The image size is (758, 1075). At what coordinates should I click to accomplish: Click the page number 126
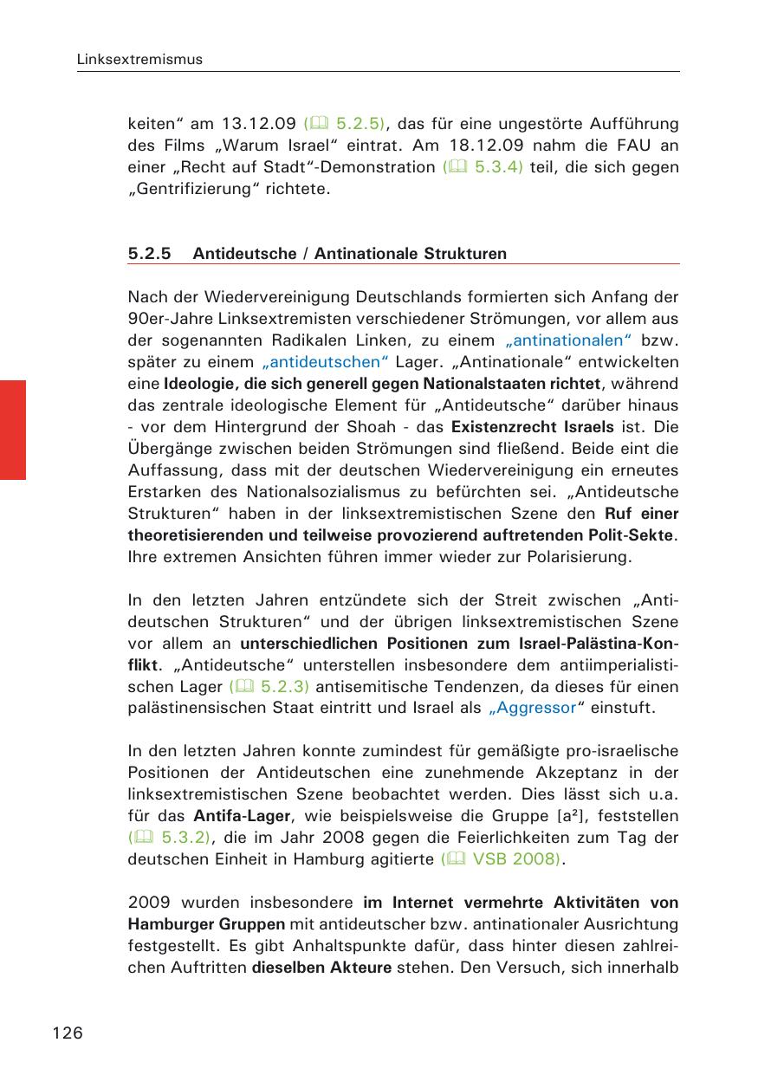(x=68, y=1033)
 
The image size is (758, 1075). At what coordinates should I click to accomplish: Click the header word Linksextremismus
(x=139, y=60)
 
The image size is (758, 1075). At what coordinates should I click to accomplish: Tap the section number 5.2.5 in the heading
(x=150, y=254)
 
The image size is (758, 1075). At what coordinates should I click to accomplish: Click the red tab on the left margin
(x=13, y=429)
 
